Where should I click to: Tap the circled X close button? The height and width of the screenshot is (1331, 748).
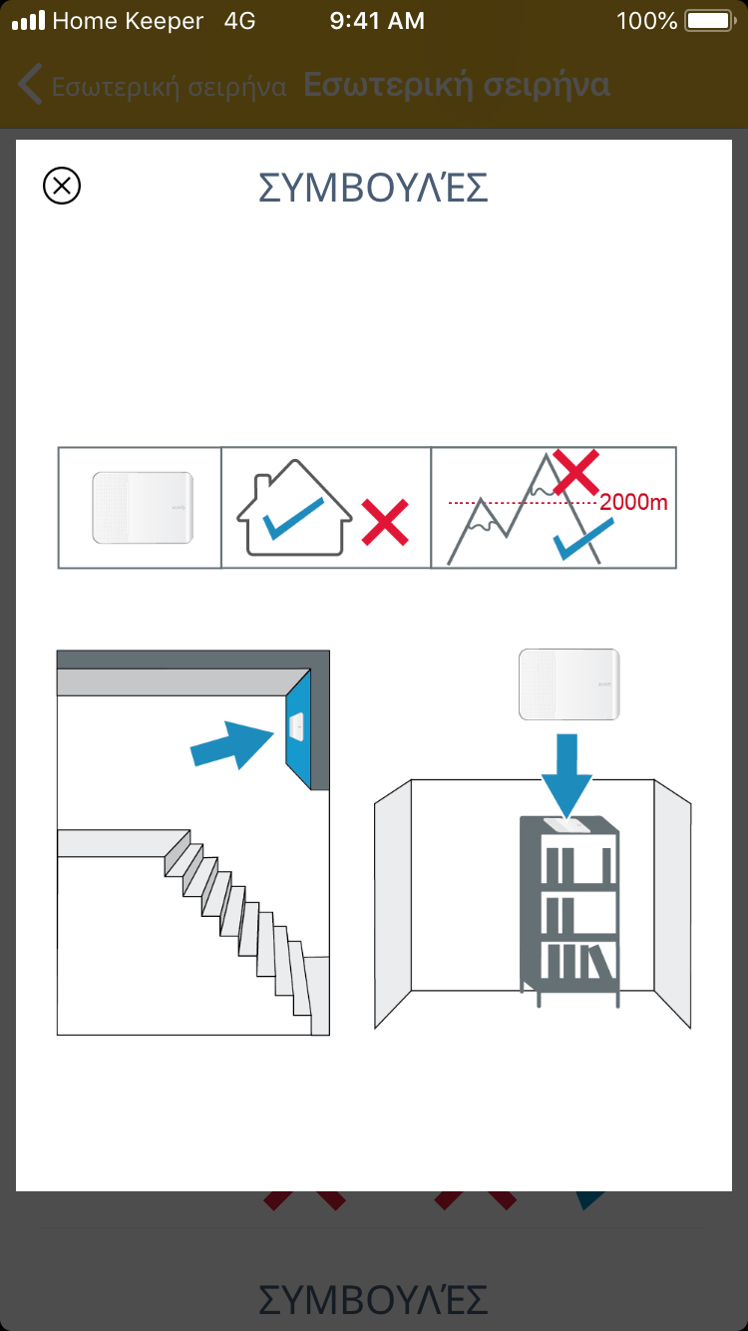(62, 186)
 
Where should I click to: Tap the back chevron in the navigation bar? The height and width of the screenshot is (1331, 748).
(30, 84)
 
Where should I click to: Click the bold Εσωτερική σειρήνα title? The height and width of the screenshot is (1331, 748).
(457, 85)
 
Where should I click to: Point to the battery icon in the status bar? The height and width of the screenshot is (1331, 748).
(710, 21)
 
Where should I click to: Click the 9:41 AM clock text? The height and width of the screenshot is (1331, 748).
(377, 21)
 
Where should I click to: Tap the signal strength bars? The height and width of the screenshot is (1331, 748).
(29, 21)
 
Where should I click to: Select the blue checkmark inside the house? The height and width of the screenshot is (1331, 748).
(293, 518)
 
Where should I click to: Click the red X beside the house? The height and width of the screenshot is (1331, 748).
(385, 522)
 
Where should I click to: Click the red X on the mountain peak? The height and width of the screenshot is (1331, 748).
(575, 472)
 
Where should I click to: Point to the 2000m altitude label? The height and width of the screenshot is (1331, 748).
(633, 502)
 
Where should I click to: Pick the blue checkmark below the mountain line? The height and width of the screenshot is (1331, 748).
(583, 539)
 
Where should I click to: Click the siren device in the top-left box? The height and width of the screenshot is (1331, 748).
(143, 508)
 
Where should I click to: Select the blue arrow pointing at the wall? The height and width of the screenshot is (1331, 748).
(231, 745)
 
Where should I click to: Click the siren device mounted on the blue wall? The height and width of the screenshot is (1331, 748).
(296, 726)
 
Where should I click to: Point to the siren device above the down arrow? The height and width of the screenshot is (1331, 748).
(569, 684)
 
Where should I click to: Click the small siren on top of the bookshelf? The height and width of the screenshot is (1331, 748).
(566, 825)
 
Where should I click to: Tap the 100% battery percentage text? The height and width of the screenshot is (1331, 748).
(646, 21)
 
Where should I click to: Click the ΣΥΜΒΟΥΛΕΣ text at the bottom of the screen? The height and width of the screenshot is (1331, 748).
(373, 1298)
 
